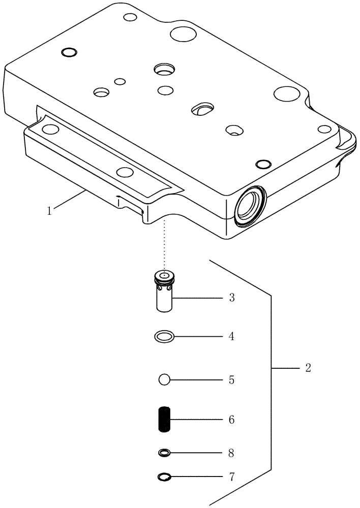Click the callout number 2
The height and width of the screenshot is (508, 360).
(x=308, y=368)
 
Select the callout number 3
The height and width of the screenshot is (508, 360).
(x=231, y=298)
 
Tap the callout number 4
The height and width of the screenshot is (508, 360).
(x=231, y=336)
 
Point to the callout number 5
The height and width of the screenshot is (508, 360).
(x=231, y=380)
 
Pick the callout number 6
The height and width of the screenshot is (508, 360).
(x=231, y=421)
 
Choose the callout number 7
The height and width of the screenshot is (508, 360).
(x=231, y=478)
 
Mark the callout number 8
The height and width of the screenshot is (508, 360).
(x=231, y=452)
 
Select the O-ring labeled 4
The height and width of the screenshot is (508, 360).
(x=164, y=336)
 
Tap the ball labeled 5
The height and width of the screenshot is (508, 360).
(x=164, y=380)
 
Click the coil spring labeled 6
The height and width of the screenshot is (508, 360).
(x=164, y=420)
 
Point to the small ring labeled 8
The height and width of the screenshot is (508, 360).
(x=164, y=452)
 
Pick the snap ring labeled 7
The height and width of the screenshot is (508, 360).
(x=164, y=477)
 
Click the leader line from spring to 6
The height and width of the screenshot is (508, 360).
(x=196, y=420)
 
